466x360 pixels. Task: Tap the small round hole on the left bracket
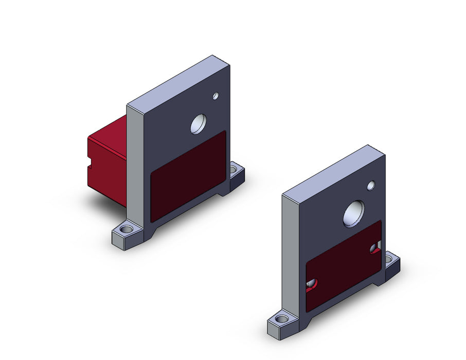pos(216,96)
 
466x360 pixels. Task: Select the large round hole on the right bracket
pos(353,213)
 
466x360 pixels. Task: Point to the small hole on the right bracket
pos(371,185)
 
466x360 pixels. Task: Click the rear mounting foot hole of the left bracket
pos(235,168)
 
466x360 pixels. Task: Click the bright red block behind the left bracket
pos(107,159)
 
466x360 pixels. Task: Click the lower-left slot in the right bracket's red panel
pos(312,284)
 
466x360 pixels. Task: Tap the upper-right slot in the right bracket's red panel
pos(375,248)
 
